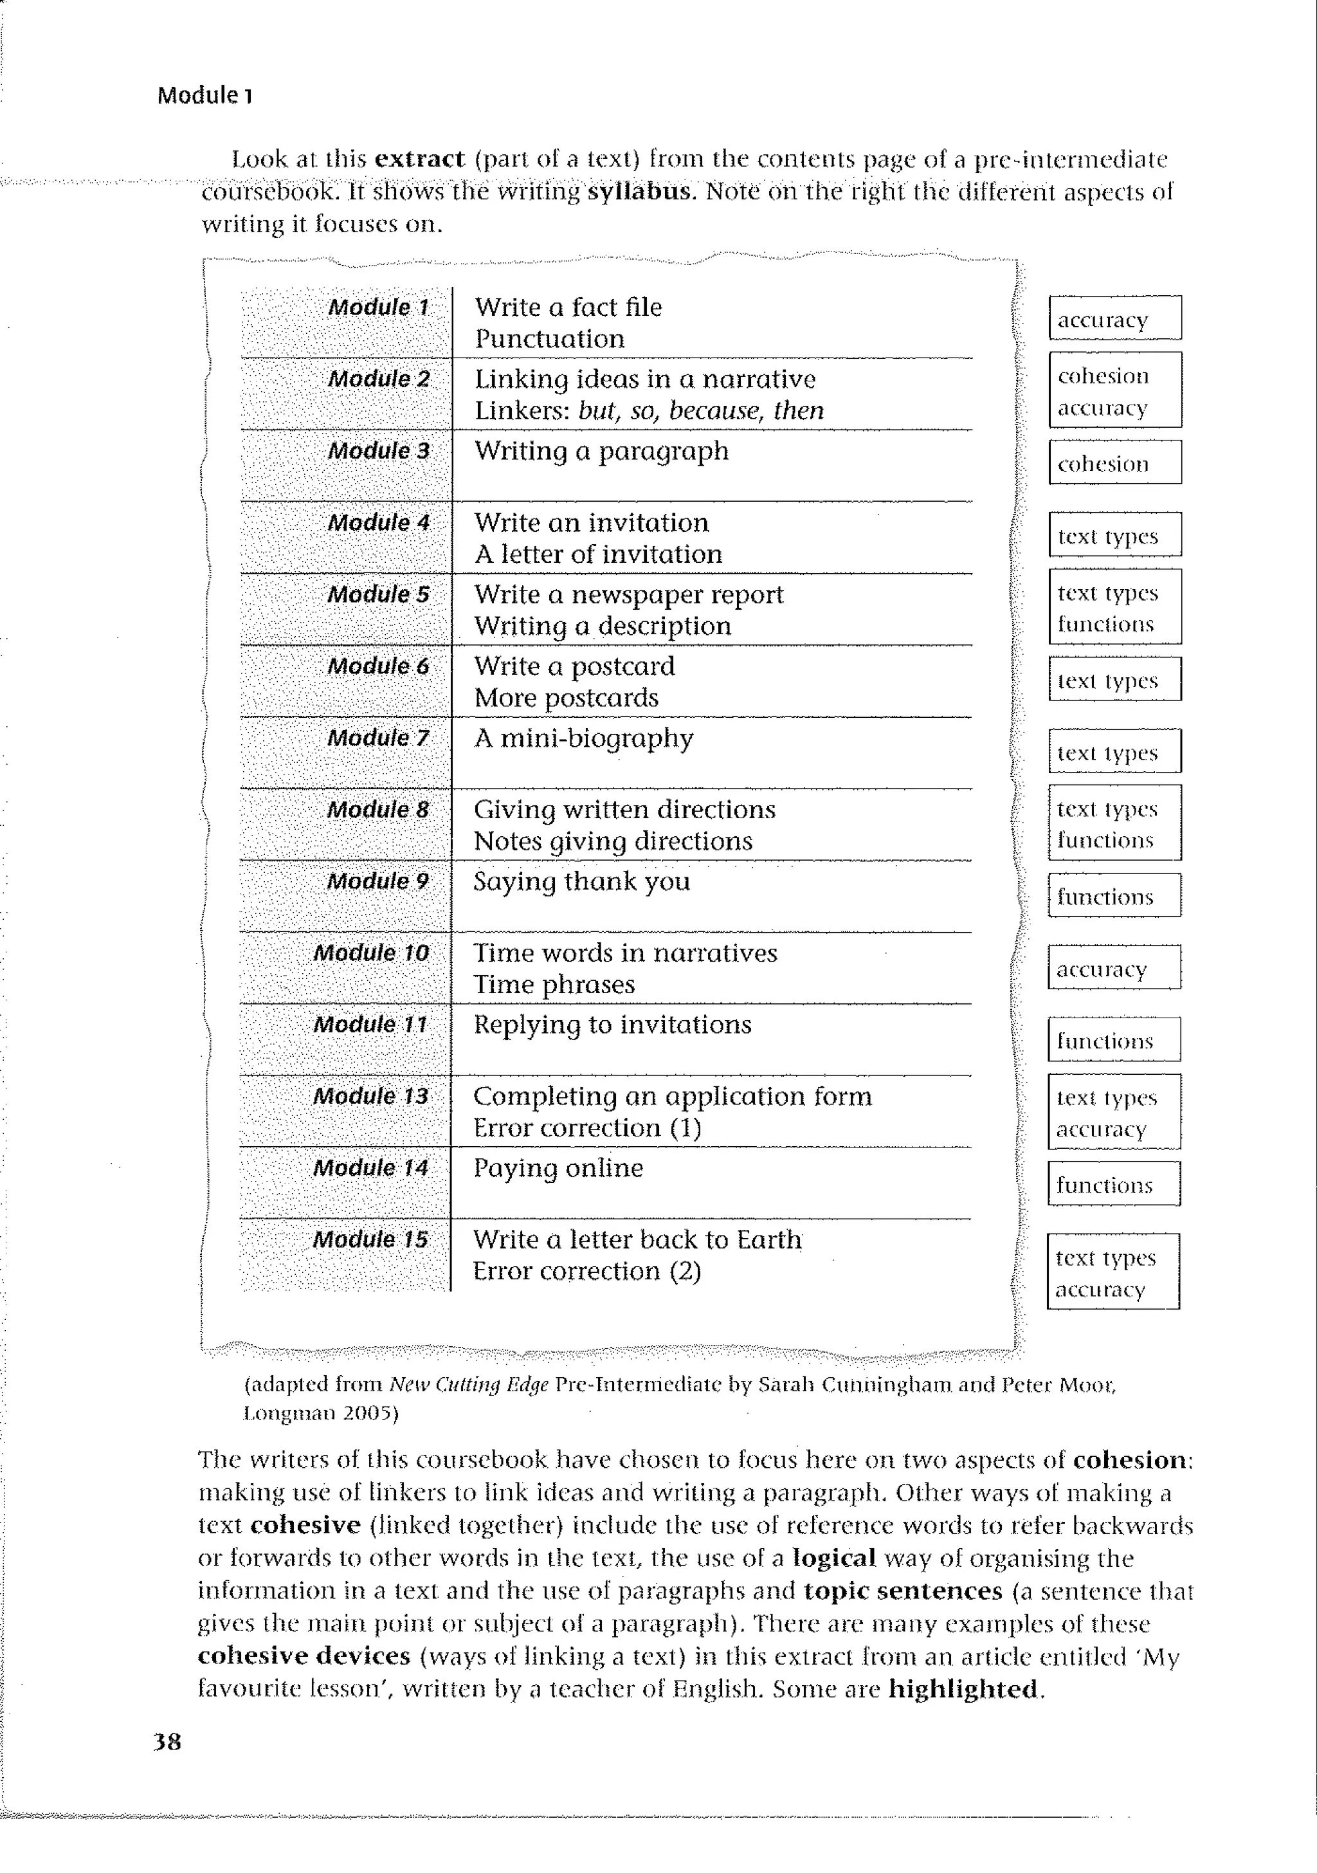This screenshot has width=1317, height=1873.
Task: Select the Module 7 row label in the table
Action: pyautogui.click(x=377, y=738)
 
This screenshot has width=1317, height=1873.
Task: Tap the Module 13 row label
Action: pyautogui.click(x=370, y=1095)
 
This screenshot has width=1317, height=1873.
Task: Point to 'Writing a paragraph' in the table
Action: pyautogui.click(x=601, y=451)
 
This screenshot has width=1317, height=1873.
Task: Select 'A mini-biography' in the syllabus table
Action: pyautogui.click(x=583, y=738)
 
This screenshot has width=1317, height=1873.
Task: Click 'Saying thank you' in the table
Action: pyautogui.click(x=581, y=881)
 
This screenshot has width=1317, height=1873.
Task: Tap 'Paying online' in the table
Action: pyautogui.click(x=558, y=1168)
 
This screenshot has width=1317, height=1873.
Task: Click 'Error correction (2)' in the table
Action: pyautogui.click(x=586, y=1271)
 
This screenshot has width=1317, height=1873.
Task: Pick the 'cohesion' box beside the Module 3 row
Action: pyautogui.click(x=1114, y=462)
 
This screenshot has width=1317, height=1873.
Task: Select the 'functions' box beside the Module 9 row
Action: pyautogui.click(x=1113, y=896)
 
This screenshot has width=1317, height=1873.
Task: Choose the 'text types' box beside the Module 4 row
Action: pyautogui.click(x=1114, y=535)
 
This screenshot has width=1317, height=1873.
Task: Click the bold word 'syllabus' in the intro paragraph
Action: pyautogui.click(x=639, y=192)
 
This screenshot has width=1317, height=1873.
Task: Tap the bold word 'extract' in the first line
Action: pyautogui.click(x=419, y=158)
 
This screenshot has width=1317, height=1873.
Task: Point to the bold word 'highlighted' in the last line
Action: pyautogui.click(x=963, y=1688)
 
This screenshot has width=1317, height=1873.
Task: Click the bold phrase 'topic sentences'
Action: pyautogui.click(x=902, y=1590)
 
